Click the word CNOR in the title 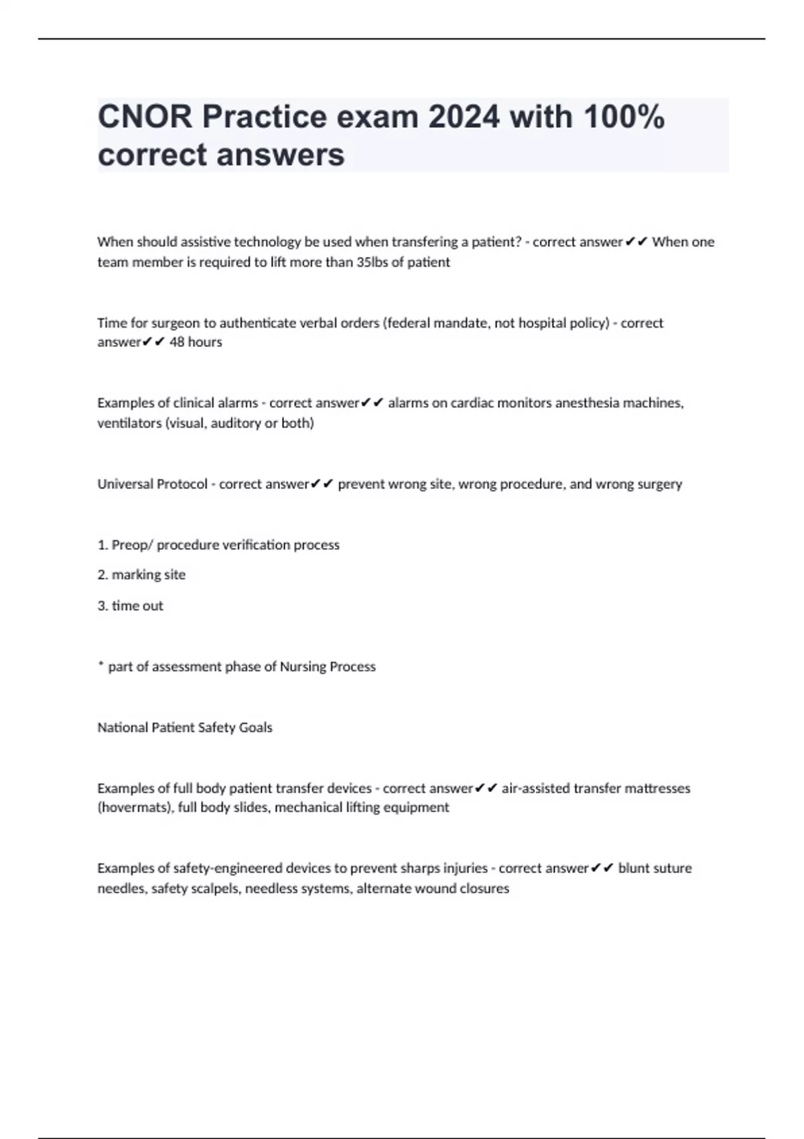144,117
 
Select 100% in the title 624,117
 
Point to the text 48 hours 196,342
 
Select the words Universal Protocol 152,484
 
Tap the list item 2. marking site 141,574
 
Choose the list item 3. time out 130,606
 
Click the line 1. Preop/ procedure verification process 218,545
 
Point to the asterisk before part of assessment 100,665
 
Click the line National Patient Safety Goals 185,727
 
